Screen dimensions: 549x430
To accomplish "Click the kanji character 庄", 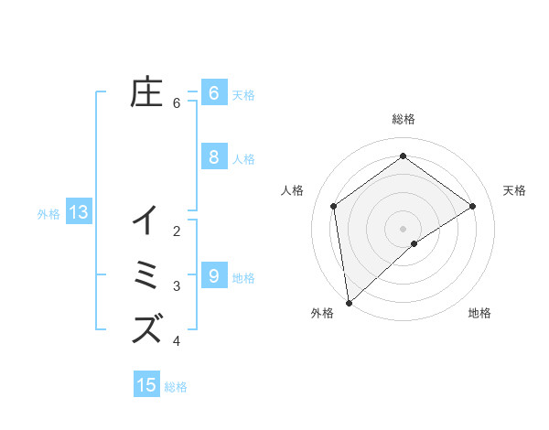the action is tap(146, 92).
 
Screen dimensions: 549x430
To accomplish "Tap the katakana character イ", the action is tap(146, 220).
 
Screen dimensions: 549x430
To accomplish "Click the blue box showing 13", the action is tap(79, 213).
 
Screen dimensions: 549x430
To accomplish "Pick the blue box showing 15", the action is tap(146, 385).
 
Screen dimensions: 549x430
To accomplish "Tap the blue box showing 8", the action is tap(213, 157).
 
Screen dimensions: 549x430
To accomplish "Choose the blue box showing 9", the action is tap(213, 275).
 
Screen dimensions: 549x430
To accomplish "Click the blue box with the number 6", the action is tap(213, 92).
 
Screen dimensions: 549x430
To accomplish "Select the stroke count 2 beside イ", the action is tap(177, 231).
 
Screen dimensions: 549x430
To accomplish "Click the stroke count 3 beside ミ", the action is tap(177, 286).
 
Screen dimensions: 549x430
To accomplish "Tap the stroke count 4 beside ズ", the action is tap(177, 341).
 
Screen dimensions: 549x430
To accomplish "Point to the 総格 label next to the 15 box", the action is tap(177, 387).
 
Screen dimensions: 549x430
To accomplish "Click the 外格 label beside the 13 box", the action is tap(48, 214).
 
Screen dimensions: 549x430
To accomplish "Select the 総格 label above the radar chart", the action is tap(404, 119).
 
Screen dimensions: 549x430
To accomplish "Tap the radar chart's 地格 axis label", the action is tap(479, 313).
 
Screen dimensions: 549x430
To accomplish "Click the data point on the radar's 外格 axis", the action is tap(349, 302).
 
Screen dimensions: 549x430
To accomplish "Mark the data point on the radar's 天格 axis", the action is tap(473, 206).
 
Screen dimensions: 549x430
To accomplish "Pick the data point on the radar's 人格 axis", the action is tap(334, 206).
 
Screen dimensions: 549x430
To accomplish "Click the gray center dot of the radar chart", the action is tap(404, 228).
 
